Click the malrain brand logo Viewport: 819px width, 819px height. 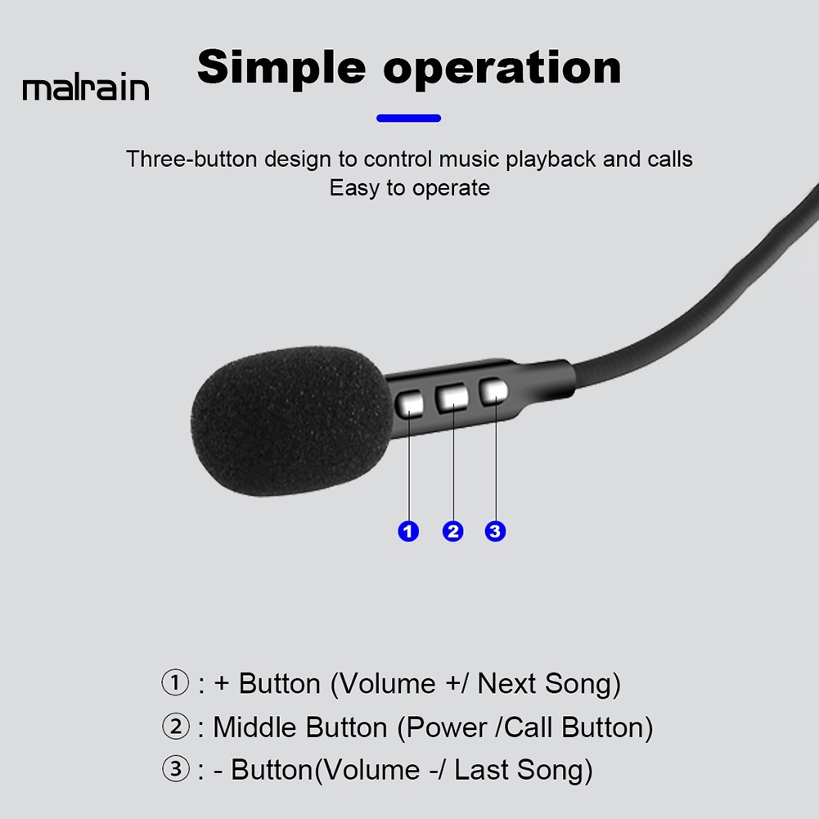pyautogui.click(x=86, y=87)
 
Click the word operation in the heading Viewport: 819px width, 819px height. pyautogui.click(x=502, y=69)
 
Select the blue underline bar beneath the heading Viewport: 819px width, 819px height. pyautogui.click(x=408, y=118)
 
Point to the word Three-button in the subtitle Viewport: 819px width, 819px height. pyautogui.click(x=191, y=159)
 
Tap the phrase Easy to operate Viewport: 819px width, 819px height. pyautogui.click(x=409, y=188)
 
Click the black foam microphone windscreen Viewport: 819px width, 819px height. pyautogui.click(x=293, y=421)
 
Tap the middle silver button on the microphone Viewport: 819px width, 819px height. pyautogui.click(x=452, y=398)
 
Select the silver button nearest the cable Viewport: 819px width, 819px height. pyautogui.click(x=493, y=392)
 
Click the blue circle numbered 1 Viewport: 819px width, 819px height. pyautogui.click(x=408, y=531)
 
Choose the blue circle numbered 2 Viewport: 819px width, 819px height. pyautogui.click(x=452, y=531)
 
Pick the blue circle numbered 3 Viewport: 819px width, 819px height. pyautogui.click(x=495, y=531)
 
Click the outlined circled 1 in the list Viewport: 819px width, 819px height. pyautogui.click(x=175, y=682)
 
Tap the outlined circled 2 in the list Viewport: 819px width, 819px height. pyautogui.click(x=175, y=727)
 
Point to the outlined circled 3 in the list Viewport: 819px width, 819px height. pyautogui.click(x=175, y=769)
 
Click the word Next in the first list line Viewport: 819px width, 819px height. pyautogui.click(x=506, y=683)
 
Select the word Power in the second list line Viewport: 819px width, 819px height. pyautogui.click(x=446, y=727)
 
